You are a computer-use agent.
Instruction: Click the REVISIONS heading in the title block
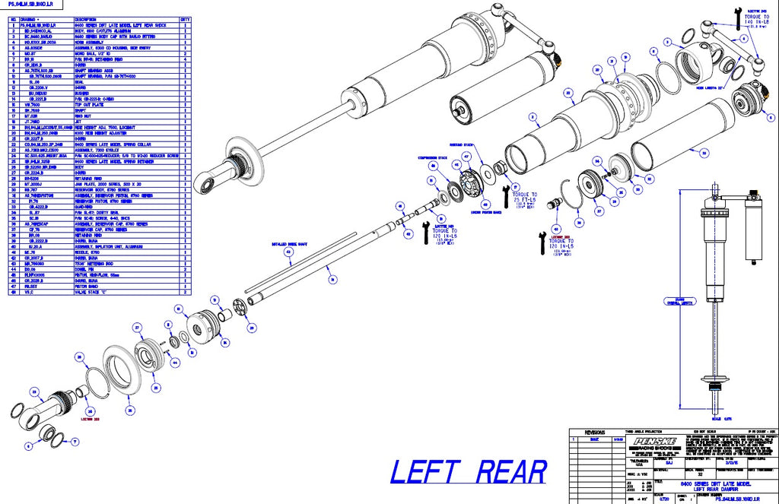pyautogui.click(x=595, y=432)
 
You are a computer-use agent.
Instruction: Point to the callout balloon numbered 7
pyautogui.click(x=75, y=441)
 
